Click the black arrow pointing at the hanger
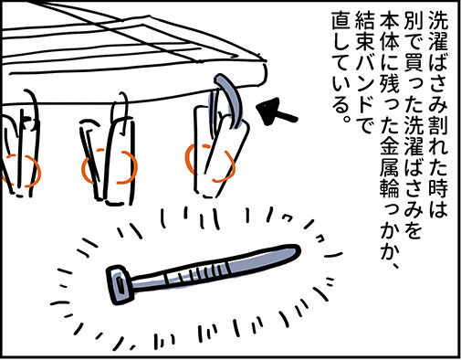(276, 112)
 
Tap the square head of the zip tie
(120, 284)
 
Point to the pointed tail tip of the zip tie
(299, 249)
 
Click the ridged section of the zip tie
(194, 272)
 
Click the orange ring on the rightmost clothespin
(210, 164)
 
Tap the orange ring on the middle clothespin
(109, 166)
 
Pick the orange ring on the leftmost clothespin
(21, 171)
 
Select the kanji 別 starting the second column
(413, 20)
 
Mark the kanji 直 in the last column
(341, 21)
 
